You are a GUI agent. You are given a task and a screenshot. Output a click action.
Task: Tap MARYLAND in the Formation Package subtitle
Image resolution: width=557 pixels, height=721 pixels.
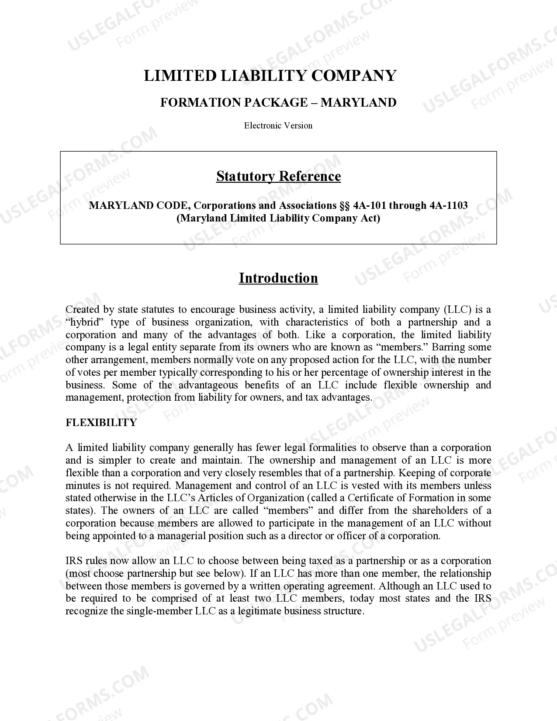click(x=358, y=102)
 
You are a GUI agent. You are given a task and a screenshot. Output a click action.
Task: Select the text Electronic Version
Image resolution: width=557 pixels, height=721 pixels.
click(x=278, y=125)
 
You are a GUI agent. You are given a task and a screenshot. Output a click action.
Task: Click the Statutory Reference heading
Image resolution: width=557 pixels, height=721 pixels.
click(x=278, y=176)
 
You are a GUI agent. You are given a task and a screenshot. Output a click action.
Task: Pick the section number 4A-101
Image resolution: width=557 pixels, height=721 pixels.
click(x=369, y=205)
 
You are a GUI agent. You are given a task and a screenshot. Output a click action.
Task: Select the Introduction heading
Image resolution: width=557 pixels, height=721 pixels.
click(x=278, y=278)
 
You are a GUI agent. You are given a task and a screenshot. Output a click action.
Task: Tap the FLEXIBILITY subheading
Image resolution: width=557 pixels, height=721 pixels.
click(x=101, y=423)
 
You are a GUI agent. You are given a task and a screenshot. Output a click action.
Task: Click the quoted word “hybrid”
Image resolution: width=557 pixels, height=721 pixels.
click(x=84, y=322)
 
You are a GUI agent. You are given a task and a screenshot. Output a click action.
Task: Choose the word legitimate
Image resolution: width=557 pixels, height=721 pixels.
click(x=255, y=611)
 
